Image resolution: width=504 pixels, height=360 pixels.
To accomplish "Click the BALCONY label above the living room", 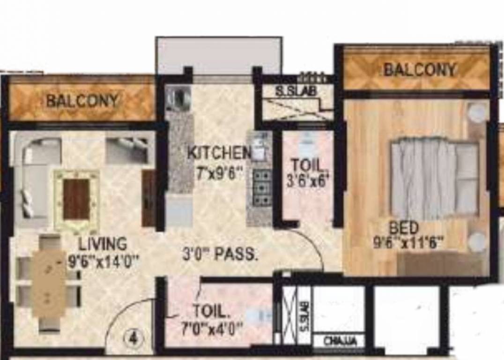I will (x=82, y=100).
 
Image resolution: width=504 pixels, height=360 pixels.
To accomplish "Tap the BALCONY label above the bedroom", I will (x=420, y=70).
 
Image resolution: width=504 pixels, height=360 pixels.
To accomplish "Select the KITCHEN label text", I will (x=219, y=152).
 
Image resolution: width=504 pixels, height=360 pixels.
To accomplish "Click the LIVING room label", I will (x=103, y=244).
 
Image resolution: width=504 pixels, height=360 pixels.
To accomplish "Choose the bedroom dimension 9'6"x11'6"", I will (x=408, y=243).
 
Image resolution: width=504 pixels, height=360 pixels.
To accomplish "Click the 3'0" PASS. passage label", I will (x=220, y=255).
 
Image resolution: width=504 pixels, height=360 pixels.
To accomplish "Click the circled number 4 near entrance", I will (x=133, y=339).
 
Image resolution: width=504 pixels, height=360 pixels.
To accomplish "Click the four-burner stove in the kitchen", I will (x=261, y=187).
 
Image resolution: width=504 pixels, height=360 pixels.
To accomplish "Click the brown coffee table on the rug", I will (x=76, y=199).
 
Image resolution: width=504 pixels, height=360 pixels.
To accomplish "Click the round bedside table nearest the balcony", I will (x=478, y=113).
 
